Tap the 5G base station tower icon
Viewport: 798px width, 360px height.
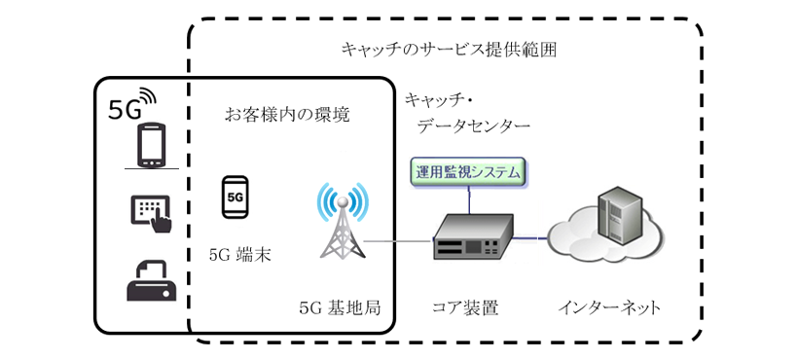tap(342, 222)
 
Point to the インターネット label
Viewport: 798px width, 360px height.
tap(610, 307)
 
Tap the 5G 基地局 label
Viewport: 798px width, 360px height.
tap(340, 307)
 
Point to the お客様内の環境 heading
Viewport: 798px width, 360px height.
tap(287, 114)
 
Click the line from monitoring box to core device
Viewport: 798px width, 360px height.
tap(468, 199)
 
